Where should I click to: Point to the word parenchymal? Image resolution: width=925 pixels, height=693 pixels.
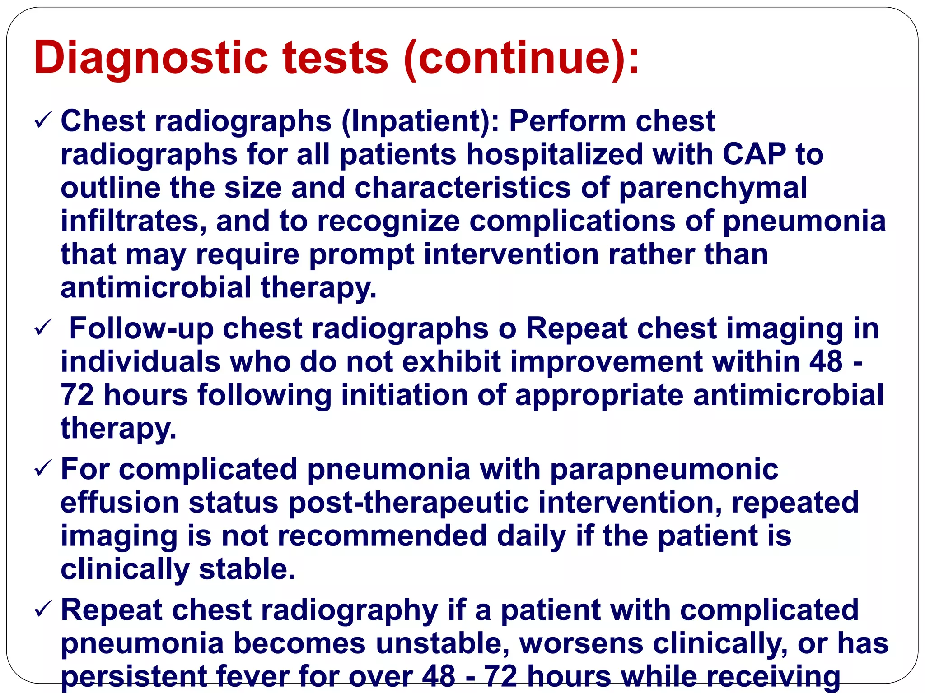[713, 188]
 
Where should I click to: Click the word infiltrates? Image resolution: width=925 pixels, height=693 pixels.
[134, 222]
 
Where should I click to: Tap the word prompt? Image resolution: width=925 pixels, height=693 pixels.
[361, 255]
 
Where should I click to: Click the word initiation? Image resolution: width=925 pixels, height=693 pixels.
[404, 396]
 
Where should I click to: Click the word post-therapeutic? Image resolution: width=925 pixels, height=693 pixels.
[408, 503]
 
